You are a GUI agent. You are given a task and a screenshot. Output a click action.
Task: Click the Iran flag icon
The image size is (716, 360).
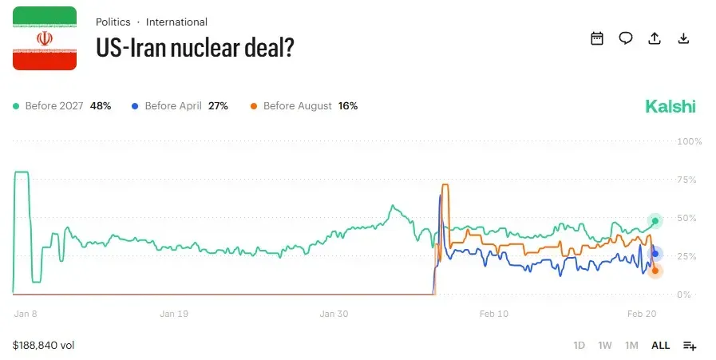click(45, 38)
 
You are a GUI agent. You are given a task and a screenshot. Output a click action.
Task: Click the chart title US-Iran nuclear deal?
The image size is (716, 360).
click(196, 47)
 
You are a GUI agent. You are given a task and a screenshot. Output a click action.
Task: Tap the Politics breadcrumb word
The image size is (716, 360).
click(113, 22)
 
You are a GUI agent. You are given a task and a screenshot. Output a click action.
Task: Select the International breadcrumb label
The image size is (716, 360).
click(176, 22)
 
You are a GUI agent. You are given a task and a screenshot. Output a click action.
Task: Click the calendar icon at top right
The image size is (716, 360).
click(597, 38)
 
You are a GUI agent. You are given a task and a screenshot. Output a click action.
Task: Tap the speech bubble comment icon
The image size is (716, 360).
click(626, 38)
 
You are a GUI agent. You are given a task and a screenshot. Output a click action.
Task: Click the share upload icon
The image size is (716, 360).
click(655, 38)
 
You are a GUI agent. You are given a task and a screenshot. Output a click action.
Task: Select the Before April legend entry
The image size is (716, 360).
click(180, 105)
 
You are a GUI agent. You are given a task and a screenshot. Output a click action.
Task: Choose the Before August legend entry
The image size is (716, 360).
click(303, 105)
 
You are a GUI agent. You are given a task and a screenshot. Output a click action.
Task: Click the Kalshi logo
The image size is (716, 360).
click(670, 106)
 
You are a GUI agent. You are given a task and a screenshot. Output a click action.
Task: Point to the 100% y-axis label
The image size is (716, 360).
click(689, 141)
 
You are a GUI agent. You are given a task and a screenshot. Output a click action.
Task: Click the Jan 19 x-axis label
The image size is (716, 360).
click(173, 314)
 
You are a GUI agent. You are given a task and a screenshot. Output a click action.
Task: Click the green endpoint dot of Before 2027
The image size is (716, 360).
click(655, 220)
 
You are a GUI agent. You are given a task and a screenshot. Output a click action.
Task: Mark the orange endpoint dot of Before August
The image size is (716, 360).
click(655, 271)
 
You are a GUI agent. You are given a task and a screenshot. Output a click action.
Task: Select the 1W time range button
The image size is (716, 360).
click(605, 346)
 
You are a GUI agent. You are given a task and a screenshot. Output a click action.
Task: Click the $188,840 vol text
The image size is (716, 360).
click(44, 346)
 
